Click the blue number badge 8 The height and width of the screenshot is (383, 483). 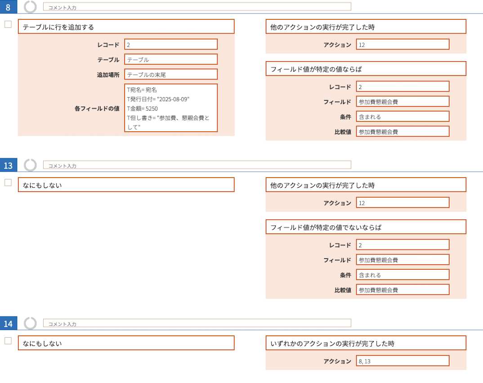[8, 7]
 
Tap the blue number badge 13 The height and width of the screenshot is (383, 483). [8, 165]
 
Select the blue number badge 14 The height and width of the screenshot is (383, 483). [8, 323]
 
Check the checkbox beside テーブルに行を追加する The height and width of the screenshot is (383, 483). [8, 24]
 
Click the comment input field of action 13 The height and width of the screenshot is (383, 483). [197, 165]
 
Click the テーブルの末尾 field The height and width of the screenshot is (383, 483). [171, 75]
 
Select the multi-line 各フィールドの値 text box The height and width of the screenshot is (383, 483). [171, 108]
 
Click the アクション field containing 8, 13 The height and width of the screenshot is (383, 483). [402, 361]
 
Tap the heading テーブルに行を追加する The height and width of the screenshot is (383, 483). [58, 27]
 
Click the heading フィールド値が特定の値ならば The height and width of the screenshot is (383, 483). [316, 69]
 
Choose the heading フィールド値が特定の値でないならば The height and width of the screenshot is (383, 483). [326, 227]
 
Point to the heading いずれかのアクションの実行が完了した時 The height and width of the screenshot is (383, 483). [332, 343]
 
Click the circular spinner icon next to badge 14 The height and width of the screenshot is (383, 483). [30, 323]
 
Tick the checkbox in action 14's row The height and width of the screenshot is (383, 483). [8, 341]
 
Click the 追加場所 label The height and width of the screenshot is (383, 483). [108, 75]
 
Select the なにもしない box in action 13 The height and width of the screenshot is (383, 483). [126, 185]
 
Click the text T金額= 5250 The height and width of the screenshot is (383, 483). [142, 108]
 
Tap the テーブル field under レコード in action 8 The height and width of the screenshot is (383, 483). [171, 59]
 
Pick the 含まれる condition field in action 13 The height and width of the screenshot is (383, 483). [402, 275]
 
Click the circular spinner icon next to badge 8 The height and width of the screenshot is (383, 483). [30, 6]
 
